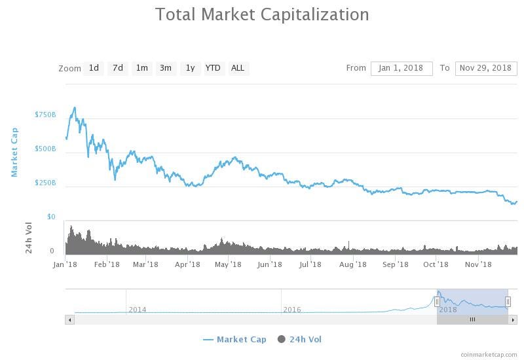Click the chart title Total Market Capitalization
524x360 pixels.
click(x=262, y=14)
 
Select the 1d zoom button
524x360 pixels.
click(x=94, y=68)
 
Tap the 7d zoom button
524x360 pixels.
click(x=118, y=68)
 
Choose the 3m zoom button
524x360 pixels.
click(x=166, y=68)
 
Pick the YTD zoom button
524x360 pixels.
click(x=213, y=68)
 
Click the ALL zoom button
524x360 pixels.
click(x=238, y=68)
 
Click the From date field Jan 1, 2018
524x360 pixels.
click(x=402, y=68)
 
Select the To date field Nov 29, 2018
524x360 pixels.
click(x=485, y=68)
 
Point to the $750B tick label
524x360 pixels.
click(x=45, y=115)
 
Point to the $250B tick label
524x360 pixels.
click(x=45, y=183)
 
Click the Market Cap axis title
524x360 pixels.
click(x=14, y=152)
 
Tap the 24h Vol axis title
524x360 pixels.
click(x=29, y=238)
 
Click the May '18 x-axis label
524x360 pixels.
click(x=228, y=264)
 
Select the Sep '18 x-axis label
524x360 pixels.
click(x=395, y=264)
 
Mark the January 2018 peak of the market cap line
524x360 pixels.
click(x=75, y=107)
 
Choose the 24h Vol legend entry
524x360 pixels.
click(x=300, y=339)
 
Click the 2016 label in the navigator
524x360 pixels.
click(x=292, y=310)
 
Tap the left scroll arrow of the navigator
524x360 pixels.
click(x=69, y=319)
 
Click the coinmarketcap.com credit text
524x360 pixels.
click(x=489, y=354)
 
